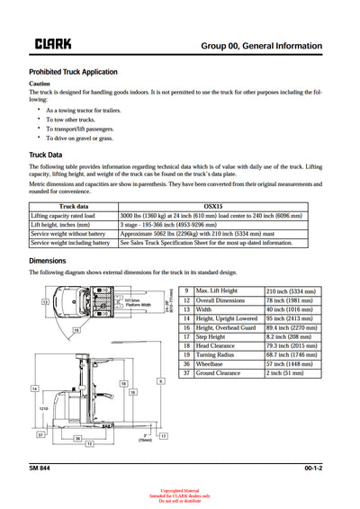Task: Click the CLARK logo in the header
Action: coord(53,43)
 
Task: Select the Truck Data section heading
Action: coord(45,155)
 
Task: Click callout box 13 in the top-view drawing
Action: coord(45,303)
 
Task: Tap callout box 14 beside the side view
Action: coord(34,388)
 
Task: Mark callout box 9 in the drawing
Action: coord(160,381)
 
